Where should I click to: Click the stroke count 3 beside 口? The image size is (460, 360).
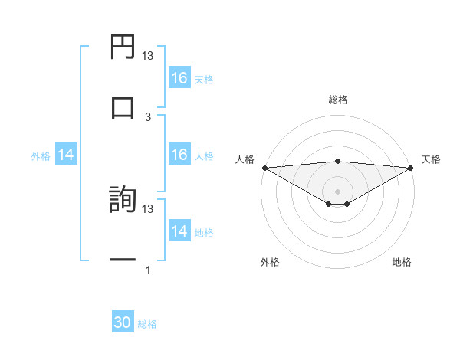tap(148, 116)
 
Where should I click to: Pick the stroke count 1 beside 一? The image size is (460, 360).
tap(148, 270)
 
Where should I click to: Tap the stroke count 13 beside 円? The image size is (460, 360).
tap(148, 55)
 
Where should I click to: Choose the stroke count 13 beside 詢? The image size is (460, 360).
tap(148, 208)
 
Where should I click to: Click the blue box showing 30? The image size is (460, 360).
tap(123, 323)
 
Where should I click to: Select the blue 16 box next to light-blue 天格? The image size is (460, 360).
tap(179, 78)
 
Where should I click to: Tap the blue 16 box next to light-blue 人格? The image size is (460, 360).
tap(179, 155)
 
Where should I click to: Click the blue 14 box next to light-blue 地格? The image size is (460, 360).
tap(179, 231)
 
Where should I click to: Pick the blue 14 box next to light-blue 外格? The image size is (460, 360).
tap(66, 155)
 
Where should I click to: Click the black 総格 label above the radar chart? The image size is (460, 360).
tap(337, 100)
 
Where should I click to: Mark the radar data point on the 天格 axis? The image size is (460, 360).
tap(411, 167)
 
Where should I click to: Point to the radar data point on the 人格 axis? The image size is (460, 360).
tap(264, 167)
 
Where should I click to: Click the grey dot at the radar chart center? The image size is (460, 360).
tap(337, 191)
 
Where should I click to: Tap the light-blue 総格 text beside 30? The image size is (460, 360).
tap(147, 324)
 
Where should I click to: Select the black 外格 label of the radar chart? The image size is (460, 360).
tap(270, 262)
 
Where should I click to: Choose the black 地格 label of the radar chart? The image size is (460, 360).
tap(402, 262)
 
